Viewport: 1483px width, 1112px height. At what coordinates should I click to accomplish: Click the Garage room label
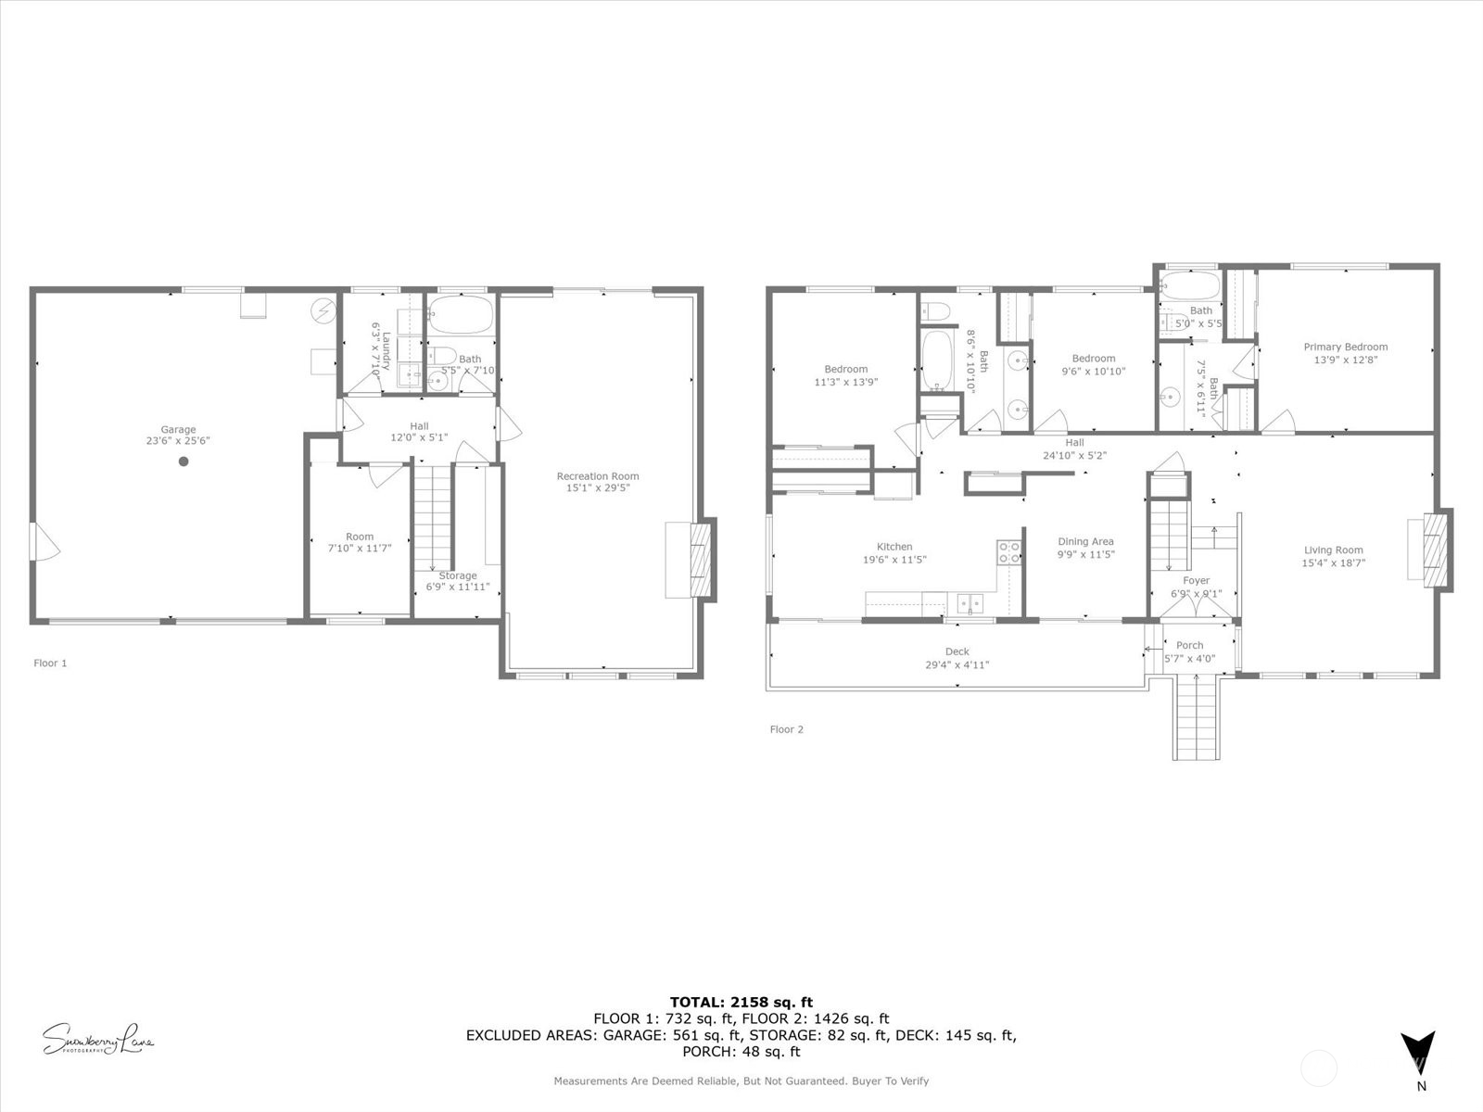click(x=178, y=429)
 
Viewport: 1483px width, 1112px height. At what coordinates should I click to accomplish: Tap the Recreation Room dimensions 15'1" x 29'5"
click(x=598, y=487)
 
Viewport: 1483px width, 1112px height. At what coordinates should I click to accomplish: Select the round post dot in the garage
click(x=184, y=461)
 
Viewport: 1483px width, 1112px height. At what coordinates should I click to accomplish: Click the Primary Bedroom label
click(x=1346, y=347)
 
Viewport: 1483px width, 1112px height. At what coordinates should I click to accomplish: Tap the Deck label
click(x=957, y=651)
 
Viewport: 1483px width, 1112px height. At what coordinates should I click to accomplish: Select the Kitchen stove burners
click(x=1008, y=553)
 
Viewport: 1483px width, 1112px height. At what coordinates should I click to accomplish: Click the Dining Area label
click(x=1085, y=541)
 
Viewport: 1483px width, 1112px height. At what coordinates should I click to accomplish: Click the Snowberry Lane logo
click(x=98, y=1039)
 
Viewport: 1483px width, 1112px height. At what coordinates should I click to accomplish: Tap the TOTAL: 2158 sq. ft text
click(x=741, y=1002)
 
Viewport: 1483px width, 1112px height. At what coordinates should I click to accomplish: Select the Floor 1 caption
click(x=50, y=663)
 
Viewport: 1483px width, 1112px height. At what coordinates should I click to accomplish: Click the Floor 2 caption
click(x=786, y=729)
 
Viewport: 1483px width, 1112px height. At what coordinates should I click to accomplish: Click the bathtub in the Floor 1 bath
click(x=462, y=315)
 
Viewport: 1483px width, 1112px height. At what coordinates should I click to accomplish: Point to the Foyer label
click(x=1196, y=581)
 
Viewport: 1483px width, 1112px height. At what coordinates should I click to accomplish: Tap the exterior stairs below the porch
click(x=1196, y=718)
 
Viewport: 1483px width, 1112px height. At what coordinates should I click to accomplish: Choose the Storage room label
click(x=458, y=575)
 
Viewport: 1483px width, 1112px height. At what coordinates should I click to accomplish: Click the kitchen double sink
click(x=970, y=604)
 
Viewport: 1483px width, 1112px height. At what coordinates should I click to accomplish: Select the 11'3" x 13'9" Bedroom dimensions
click(x=845, y=382)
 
